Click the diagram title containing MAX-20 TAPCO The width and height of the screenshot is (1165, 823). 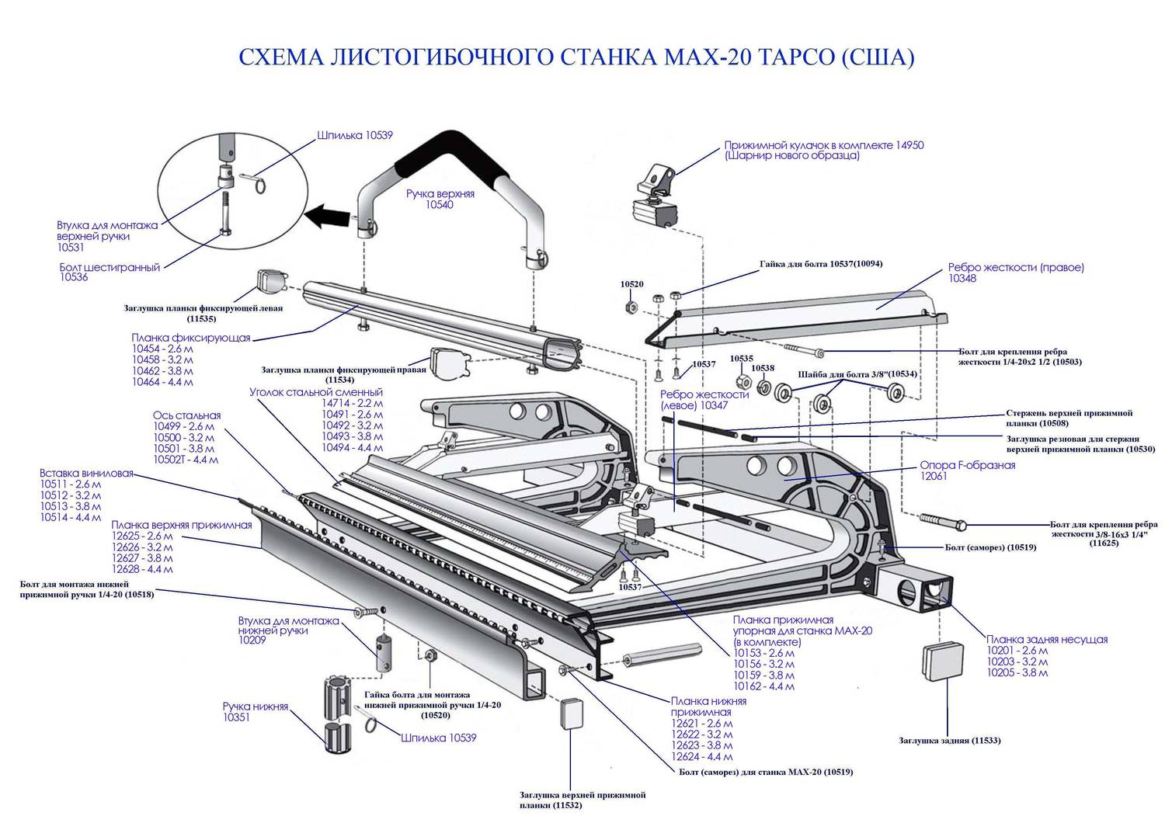(576, 57)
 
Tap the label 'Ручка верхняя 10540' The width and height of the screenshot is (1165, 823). (440, 200)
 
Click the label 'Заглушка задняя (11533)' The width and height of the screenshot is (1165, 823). (949, 741)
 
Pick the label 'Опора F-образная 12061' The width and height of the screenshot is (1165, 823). (967, 471)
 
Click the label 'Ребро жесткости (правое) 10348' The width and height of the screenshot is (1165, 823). (1015, 273)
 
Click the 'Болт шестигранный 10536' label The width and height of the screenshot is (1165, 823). (110, 273)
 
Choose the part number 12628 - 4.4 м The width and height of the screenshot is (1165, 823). (142, 569)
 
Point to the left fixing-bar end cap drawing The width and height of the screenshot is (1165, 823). (269, 283)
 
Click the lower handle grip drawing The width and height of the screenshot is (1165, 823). (339, 713)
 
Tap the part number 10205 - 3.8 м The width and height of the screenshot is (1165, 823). (1017, 672)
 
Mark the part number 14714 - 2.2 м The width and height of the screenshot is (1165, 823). (352, 404)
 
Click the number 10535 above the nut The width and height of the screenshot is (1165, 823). (741, 359)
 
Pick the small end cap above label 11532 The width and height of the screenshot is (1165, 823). (570, 712)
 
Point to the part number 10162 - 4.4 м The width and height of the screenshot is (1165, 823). (763, 686)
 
